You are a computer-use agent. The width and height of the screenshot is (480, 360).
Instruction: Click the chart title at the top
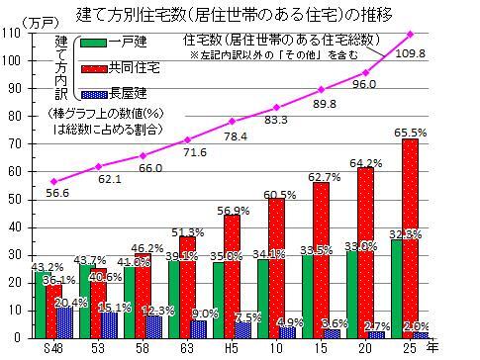[240, 13]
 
